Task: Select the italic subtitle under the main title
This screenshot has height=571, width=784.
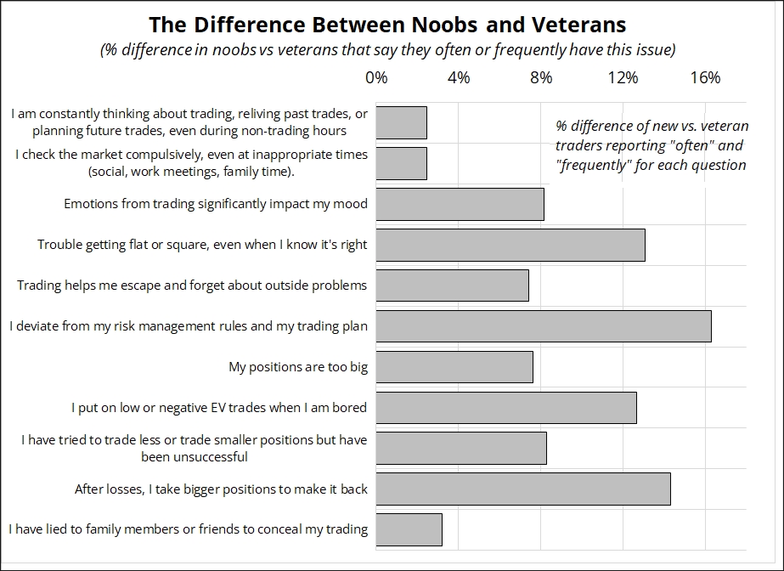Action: coord(387,50)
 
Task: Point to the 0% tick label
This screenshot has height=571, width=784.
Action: coord(376,78)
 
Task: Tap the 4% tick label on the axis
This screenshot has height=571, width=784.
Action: coord(458,78)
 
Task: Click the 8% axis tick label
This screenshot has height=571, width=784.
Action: coord(540,78)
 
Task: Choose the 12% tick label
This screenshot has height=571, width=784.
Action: coord(623,78)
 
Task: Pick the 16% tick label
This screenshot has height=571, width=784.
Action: coord(705,78)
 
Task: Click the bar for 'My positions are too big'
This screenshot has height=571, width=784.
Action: coord(454,367)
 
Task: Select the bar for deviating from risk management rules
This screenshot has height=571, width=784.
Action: coord(544,326)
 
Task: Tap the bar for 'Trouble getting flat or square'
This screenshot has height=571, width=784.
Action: coord(510,245)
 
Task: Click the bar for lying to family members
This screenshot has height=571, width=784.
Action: coord(409,529)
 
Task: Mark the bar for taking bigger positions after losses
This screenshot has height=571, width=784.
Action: coord(523,489)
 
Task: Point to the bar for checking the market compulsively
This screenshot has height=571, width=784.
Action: coord(401,163)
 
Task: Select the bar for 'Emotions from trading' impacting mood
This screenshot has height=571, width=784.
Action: coord(460,204)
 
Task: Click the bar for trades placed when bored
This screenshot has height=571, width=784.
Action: coord(506,408)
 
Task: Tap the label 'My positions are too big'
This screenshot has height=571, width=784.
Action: coord(297,367)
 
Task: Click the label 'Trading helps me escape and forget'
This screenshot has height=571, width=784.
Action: coord(192,285)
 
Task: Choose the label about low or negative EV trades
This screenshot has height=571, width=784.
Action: coord(219,408)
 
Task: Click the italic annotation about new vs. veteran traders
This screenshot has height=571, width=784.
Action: coord(651,145)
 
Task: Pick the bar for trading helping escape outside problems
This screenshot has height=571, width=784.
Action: coord(452,285)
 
